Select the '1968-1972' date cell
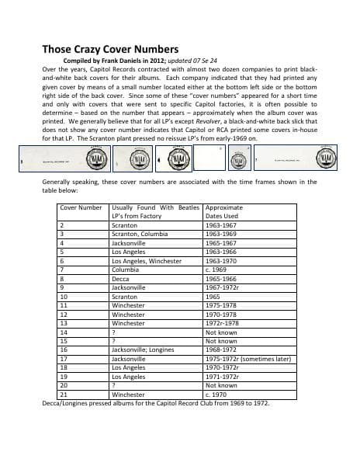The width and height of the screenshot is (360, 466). [223, 349]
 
